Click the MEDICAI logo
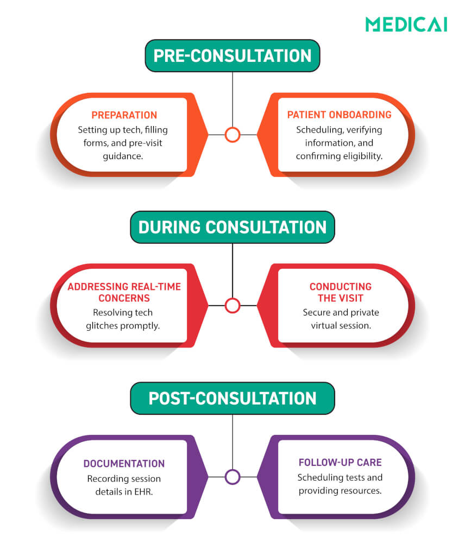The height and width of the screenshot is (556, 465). click(x=406, y=24)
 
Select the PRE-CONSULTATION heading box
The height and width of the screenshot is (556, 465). click(x=232, y=56)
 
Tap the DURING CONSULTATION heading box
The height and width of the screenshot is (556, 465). click(x=232, y=227)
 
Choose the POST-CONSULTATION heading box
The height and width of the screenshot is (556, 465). click(x=232, y=398)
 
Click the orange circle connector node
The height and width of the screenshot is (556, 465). click(x=232, y=135)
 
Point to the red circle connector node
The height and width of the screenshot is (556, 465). click(x=232, y=306)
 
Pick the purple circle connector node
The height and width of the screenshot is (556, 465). click(x=232, y=477)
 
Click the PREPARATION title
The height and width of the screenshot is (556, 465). click(x=124, y=115)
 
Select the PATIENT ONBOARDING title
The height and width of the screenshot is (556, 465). click(x=340, y=115)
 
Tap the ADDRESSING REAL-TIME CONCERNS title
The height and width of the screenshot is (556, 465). click(x=124, y=292)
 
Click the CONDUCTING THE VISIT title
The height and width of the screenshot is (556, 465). click(x=341, y=292)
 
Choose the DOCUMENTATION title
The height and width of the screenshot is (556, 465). click(x=124, y=464)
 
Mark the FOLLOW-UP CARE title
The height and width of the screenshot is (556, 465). click(x=340, y=463)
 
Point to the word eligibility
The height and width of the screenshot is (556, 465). click(x=360, y=156)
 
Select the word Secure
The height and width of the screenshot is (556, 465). click(x=317, y=312)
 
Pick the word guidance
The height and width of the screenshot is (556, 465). click(x=124, y=156)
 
